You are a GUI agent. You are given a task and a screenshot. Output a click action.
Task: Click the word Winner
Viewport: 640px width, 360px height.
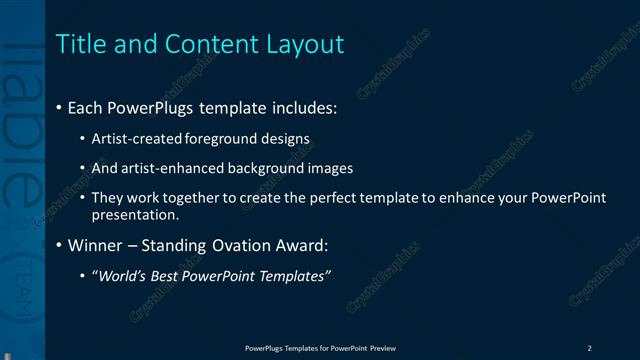click(x=95, y=245)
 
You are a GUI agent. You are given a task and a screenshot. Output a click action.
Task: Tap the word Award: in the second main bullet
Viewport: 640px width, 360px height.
click(x=300, y=245)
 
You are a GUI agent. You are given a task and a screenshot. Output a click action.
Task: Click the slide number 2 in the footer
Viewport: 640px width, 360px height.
click(x=589, y=348)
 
